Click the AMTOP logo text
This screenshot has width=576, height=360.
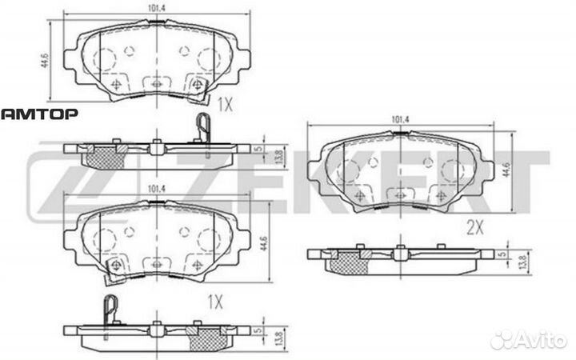pos(39,114)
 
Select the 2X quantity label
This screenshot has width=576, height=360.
pos(475,228)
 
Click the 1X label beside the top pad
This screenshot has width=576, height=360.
pos(225,105)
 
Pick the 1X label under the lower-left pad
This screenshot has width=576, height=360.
pos(215,302)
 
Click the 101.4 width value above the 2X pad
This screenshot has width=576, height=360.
pos(401,119)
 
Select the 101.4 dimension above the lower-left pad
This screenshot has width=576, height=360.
pos(157,189)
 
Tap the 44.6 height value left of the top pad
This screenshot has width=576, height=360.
pos(45,61)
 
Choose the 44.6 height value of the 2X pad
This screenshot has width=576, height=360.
pos(506,170)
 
